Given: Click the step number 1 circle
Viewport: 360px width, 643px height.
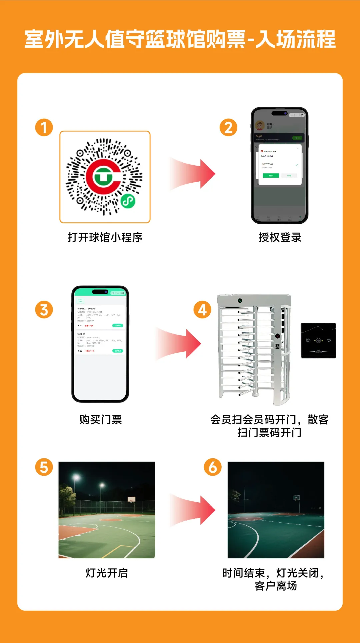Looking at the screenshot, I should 44,127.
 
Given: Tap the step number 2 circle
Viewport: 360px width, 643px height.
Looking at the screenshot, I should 228,127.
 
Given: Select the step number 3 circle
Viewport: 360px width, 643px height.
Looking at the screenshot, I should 44,310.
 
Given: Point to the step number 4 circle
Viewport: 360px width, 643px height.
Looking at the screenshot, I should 202,310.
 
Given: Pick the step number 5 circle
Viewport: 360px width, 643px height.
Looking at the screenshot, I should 44,467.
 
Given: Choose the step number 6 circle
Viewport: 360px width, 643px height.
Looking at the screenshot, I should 213,467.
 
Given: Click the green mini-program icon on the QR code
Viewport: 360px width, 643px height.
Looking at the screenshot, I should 128,201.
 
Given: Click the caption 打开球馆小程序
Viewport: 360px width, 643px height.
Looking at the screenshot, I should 105,237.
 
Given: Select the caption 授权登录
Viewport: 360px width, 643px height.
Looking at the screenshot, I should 280,237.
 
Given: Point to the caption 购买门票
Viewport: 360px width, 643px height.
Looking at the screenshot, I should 100,419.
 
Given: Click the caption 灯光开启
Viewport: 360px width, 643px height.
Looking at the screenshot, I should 107,573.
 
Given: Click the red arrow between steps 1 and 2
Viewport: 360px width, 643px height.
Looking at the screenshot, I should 193,174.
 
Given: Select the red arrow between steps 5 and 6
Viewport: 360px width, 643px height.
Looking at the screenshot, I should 193,510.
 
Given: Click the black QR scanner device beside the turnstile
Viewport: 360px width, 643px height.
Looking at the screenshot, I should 318,340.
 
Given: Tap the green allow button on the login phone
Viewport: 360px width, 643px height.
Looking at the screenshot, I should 271,176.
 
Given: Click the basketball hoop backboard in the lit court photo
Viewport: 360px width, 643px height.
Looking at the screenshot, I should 132,499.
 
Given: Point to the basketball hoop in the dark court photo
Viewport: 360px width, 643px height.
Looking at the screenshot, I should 296,498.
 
